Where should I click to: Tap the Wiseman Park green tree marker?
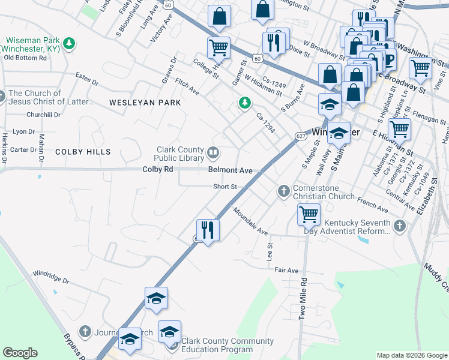[70, 43]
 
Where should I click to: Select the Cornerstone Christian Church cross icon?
[284, 192]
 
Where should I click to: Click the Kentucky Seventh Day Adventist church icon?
[400, 226]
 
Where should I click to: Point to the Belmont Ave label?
[231, 170]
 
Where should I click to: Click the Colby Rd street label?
[158, 170]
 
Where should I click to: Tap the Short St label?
[226, 187]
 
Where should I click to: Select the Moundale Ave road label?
[250, 221]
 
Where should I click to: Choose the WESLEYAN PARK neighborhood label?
[145, 103]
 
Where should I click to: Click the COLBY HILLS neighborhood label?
[83, 152]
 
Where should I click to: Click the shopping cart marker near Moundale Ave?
[309, 214]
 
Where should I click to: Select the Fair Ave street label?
[286, 271]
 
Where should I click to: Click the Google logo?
[20, 353]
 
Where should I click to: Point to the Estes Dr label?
[87, 77]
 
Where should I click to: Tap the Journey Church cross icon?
[85, 332]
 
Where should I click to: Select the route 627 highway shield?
[298, 136]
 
